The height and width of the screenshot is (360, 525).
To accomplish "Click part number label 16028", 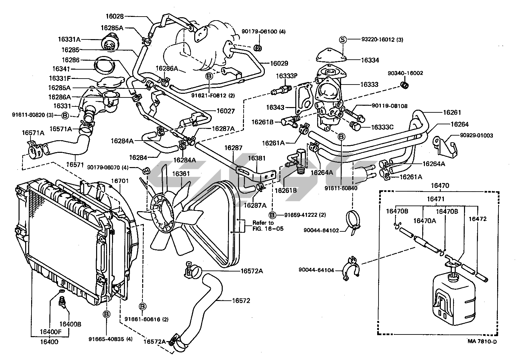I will pos(114,16).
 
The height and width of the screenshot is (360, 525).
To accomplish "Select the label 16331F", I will pos(60,78).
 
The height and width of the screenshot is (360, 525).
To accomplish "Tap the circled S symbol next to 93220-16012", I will pos(343,40).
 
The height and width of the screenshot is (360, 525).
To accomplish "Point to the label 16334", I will pos(370,60).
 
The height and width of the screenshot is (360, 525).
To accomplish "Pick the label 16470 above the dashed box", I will pos(440,186).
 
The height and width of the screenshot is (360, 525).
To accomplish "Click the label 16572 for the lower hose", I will pos(241,301).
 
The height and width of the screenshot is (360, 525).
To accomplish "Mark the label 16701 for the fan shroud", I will pos(120,181).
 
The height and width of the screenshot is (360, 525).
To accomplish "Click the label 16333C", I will pos(382,127).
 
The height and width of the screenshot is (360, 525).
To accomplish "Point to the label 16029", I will pos(279,63).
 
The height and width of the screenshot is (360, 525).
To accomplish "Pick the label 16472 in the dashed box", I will pos(477,219).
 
